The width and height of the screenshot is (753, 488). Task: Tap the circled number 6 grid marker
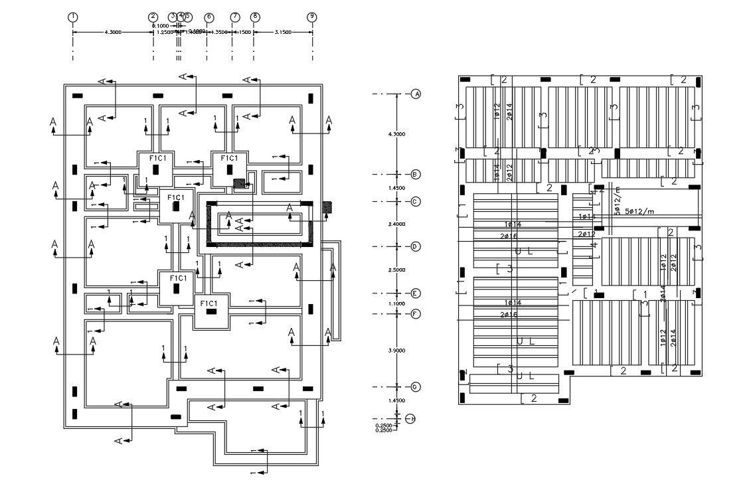coord(209,17)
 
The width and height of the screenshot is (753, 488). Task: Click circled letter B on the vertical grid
coord(416,175)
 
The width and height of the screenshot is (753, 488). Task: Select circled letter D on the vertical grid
coord(416,246)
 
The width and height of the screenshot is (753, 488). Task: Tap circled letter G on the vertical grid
coord(416,386)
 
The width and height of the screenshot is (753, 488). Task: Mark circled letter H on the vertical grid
coord(412,418)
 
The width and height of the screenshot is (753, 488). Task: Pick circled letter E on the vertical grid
coord(416,293)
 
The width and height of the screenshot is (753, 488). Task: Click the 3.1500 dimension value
coord(282,32)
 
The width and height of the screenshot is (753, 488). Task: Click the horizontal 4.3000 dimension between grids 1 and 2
coord(112,32)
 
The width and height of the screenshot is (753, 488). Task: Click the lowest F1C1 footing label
coord(209,303)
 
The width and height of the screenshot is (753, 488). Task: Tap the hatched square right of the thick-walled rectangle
coord(327,206)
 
